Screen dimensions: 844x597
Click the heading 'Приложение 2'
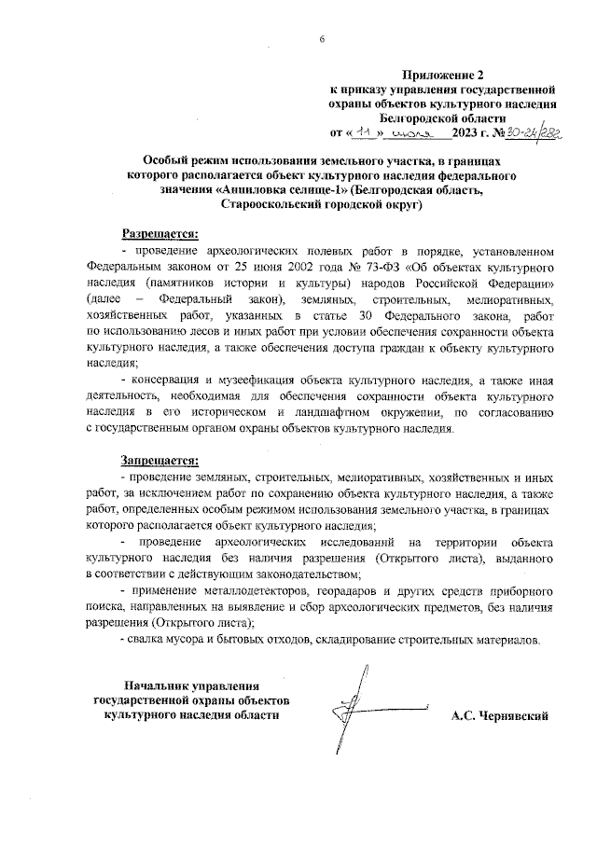[443, 75]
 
